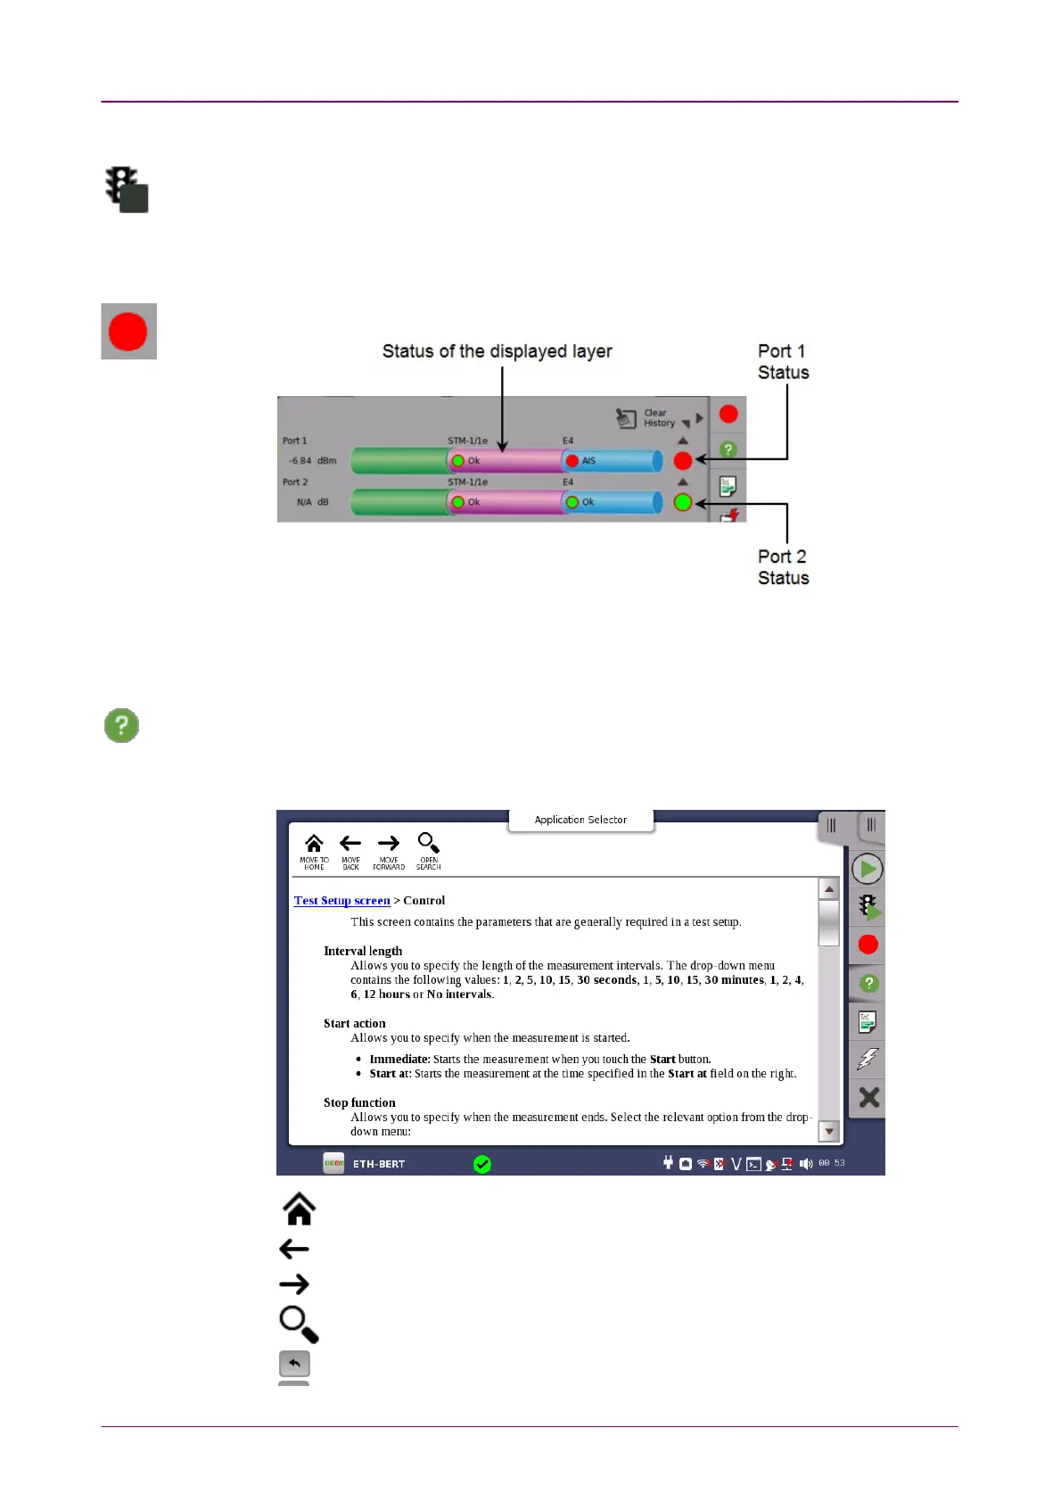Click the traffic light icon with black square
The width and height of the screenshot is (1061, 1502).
pyautogui.click(x=127, y=189)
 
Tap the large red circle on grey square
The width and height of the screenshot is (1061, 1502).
pyautogui.click(x=128, y=332)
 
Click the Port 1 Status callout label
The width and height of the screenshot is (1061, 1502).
pyautogui.click(x=783, y=362)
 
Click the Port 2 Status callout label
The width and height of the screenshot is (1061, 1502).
pyautogui.click(x=783, y=567)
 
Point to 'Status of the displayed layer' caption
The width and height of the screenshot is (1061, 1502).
pyautogui.click(x=497, y=351)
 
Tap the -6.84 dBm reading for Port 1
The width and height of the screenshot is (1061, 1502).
pyautogui.click(x=312, y=461)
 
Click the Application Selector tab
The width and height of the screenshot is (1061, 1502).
pyautogui.click(x=580, y=820)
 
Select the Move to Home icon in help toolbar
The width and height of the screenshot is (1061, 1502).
pyautogui.click(x=314, y=851)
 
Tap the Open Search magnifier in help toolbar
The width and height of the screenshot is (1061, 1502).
pyautogui.click(x=428, y=851)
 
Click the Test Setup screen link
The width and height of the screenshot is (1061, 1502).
pyautogui.click(x=341, y=901)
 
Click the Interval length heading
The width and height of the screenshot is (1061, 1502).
pyautogui.click(x=363, y=951)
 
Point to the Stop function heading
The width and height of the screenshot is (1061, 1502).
pyautogui.click(x=359, y=1102)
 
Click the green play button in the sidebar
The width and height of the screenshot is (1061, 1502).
pyautogui.click(x=868, y=869)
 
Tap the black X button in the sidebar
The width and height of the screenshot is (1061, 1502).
pyautogui.click(x=868, y=1097)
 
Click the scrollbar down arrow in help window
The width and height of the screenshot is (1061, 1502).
pyautogui.click(x=829, y=1131)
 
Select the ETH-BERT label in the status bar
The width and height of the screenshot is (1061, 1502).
pyautogui.click(x=379, y=1164)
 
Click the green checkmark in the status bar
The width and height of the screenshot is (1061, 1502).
pyautogui.click(x=482, y=1164)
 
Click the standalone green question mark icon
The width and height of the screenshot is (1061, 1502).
pyautogui.click(x=122, y=725)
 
